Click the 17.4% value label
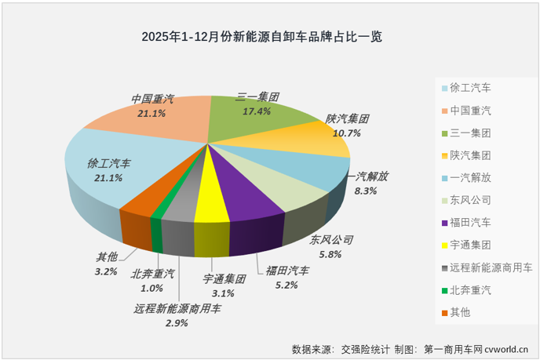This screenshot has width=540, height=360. [x=257, y=111]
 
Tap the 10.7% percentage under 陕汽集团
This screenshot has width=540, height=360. [x=347, y=133]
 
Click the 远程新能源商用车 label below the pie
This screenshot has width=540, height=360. [x=177, y=309]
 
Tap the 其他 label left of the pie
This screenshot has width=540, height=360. [x=105, y=256]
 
